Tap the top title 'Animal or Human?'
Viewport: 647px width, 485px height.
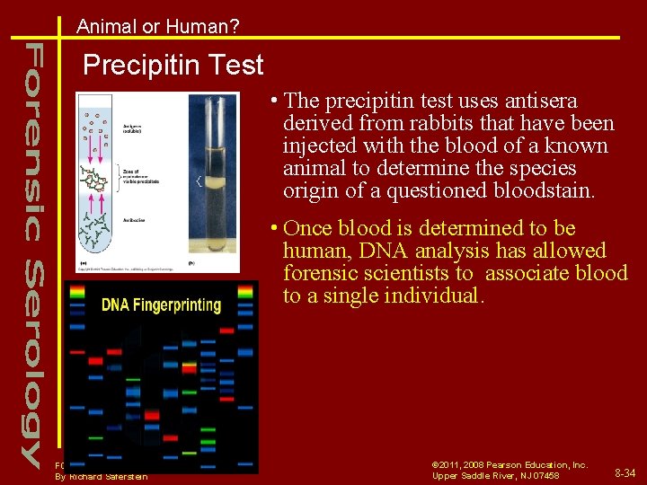click(158, 27)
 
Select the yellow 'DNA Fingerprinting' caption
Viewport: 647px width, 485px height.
click(161, 304)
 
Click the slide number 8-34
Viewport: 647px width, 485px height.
click(624, 472)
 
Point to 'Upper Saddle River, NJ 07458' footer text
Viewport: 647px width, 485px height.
click(495, 475)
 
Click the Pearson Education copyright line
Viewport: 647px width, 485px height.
click(510, 464)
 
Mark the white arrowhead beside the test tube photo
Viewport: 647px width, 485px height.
click(198, 182)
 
